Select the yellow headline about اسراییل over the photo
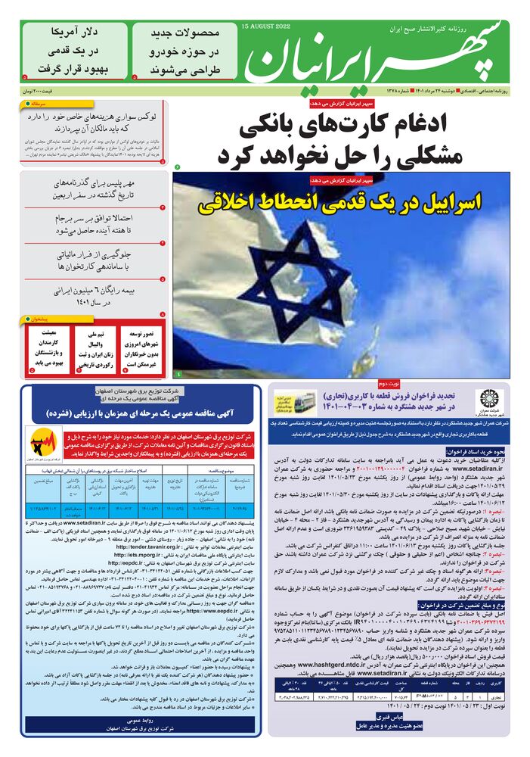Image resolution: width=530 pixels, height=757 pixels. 340,204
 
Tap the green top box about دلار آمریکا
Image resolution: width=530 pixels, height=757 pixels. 74,51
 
